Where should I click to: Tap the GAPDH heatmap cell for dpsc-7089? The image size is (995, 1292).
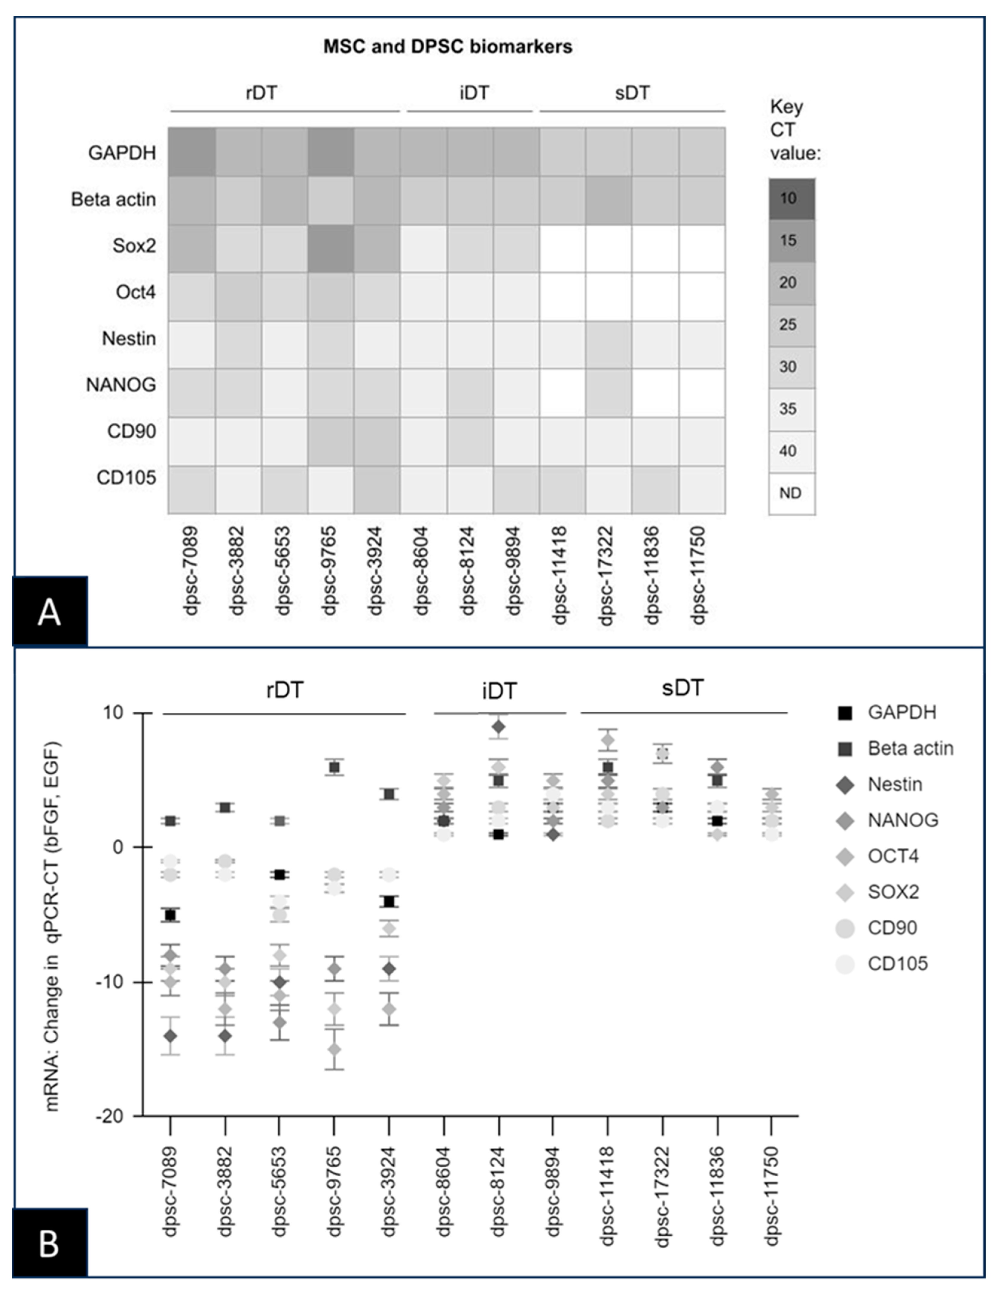(x=192, y=152)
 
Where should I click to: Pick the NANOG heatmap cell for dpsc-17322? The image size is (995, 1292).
(x=609, y=393)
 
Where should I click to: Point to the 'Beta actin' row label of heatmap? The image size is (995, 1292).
(x=114, y=199)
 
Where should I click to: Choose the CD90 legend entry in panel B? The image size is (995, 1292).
(x=892, y=928)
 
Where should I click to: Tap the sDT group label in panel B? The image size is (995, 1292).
(x=683, y=688)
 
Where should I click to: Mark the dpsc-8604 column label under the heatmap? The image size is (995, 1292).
(x=421, y=571)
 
